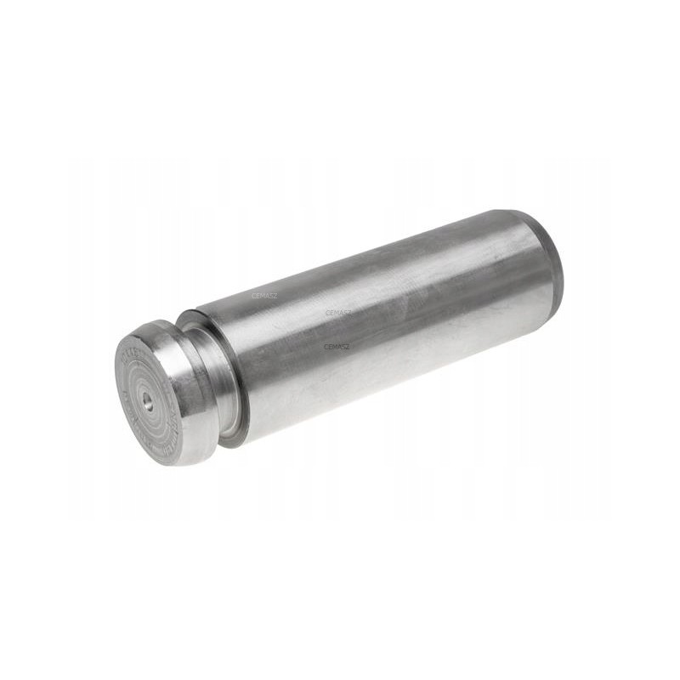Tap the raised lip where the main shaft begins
(x=228, y=374)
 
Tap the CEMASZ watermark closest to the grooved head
(x=264, y=296)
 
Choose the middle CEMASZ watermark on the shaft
(x=338, y=313)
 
